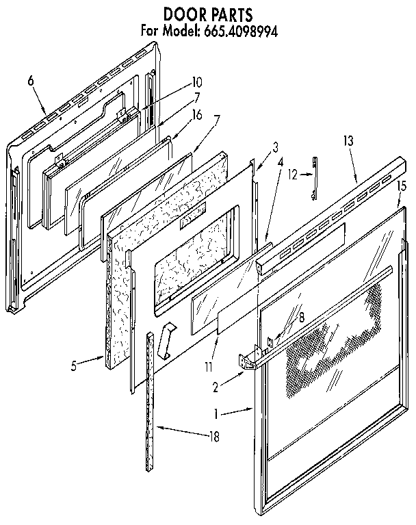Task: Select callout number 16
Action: click(197, 115)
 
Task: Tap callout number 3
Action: click(275, 146)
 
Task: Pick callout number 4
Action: click(281, 162)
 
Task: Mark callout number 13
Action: click(348, 140)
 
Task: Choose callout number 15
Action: click(402, 185)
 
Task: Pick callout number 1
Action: click(218, 413)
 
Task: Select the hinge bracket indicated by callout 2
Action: click(250, 361)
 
